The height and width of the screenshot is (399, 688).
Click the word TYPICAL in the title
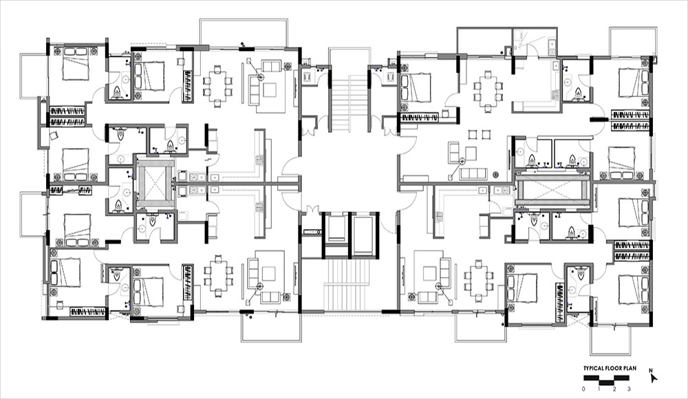tap(594, 368)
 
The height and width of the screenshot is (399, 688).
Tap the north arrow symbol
tap(654, 378)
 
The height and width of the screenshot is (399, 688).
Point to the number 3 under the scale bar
tap(629, 389)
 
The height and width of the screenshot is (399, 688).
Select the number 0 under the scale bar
tap(583, 389)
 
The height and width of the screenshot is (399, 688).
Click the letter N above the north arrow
tap(651, 370)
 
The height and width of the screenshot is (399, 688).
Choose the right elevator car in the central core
tap(363, 235)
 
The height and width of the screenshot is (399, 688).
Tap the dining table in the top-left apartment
tap(217, 86)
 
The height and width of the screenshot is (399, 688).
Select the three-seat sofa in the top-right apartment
tap(473, 174)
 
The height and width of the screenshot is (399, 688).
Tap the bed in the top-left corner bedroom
tap(76, 64)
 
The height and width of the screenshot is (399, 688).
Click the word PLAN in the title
tap(630, 368)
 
